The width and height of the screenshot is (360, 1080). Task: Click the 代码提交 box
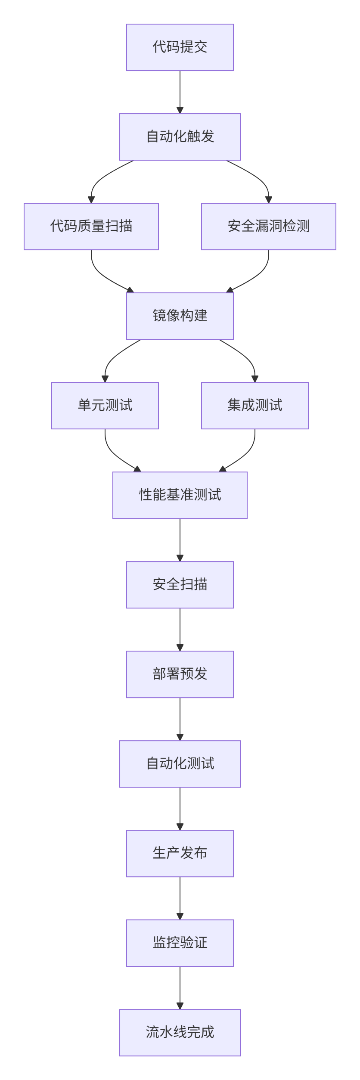click(180, 47)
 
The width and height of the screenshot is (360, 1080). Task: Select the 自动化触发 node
click(180, 137)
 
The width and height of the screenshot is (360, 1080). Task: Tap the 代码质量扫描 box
click(91, 227)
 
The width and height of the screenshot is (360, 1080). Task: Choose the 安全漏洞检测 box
click(268, 227)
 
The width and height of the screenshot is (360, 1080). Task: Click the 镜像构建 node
click(180, 316)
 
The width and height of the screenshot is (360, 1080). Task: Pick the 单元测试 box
click(105, 406)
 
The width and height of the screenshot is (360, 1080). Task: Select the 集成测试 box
click(254, 406)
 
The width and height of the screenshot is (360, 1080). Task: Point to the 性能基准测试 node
click(180, 495)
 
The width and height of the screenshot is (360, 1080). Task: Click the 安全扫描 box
click(180, 585)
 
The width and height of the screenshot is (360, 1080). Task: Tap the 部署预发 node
click(180, 674)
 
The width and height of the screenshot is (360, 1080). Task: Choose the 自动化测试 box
click(180, 764)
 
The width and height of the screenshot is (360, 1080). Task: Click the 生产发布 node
click(180, 853)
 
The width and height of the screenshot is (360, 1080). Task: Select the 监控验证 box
click(180, 943)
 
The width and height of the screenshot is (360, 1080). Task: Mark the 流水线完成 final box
click(180, 1033)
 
